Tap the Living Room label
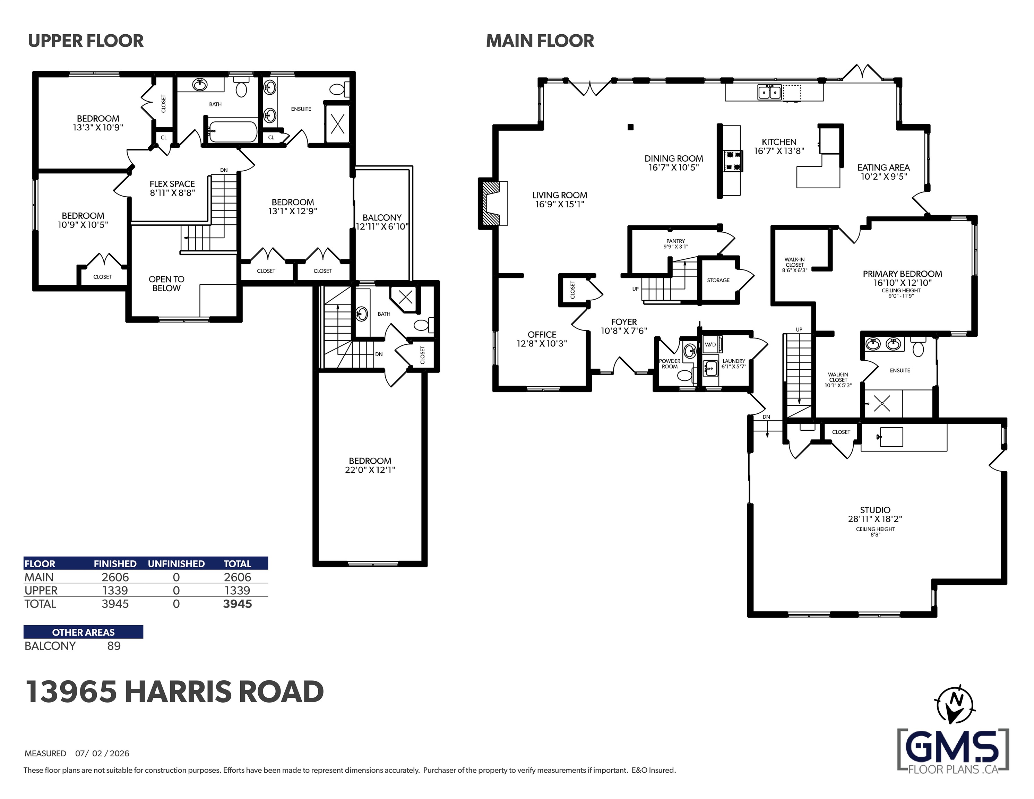click(560, 195)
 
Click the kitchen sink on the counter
click(769, 92)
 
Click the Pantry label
click(675, 241)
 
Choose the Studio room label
click(875, 510)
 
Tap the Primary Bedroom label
click(902, 274)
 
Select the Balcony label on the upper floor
click(382, 217)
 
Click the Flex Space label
click(172, 184)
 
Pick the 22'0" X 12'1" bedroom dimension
click(370, 470)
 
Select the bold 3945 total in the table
click(238, 604)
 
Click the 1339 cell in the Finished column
click(115, 591)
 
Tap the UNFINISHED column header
click(176, 564)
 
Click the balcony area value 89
click(114, 646)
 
